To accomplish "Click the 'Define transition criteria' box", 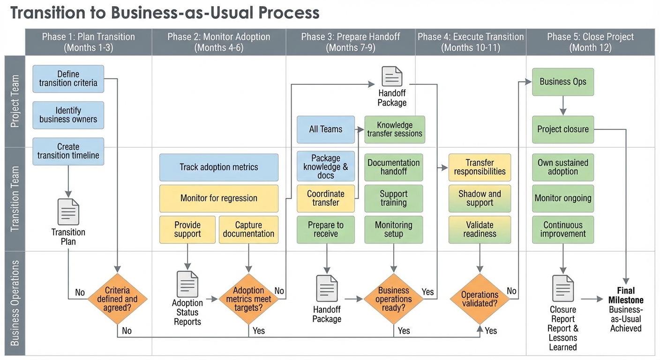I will [x=68, y=79].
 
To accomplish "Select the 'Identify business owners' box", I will [x=68, y=115].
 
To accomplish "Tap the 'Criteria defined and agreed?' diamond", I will [x=118, y=299].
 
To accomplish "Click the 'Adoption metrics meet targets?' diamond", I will [x=248, y=299].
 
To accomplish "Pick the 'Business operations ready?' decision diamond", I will [x=393, y=299].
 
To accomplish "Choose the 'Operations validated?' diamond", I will [x=480, y=299].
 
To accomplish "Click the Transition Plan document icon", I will [x=68, y=212].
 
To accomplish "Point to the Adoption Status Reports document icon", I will [x=187, y=284].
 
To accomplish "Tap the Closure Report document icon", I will [x=563, y=288].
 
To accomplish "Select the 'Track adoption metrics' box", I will [x=219, y=167].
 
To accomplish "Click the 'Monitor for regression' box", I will [x=219, y=198].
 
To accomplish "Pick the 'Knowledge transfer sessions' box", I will [x=395, y=129].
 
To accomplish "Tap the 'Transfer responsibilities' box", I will [x=480, y=167].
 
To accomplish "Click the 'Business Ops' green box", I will [x=563, y=82].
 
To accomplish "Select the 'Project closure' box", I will [x=563, y=129].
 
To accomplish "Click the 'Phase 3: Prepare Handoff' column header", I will [x=351, y=42].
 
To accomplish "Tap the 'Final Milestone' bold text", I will [x=626, y=295].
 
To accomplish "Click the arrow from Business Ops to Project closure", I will [x=563, y=106].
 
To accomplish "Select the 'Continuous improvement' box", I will [x=563, y=229].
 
